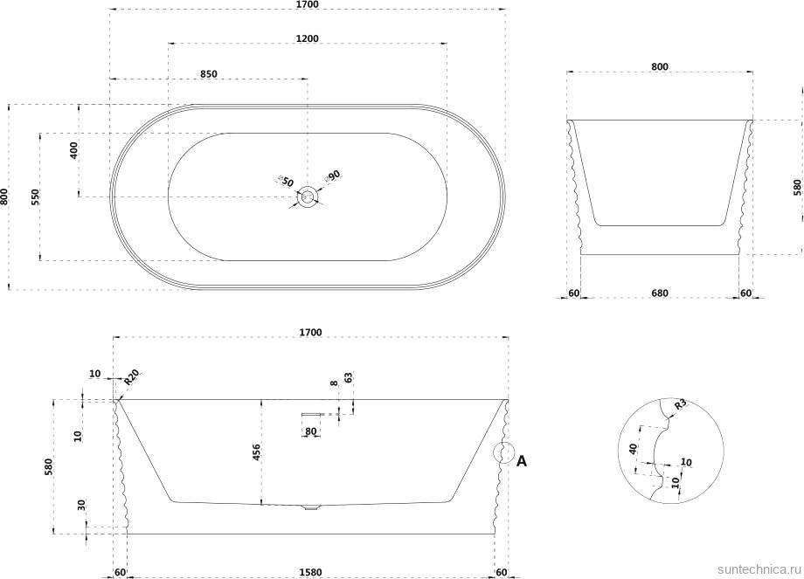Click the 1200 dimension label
[307, 38]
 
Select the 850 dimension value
[209, 73]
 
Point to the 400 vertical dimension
[73, 150]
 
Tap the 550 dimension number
[35, 196]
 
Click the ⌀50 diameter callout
[285, 181]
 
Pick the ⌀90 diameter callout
[332, 176]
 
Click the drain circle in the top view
[308, 196]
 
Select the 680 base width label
[660, 293]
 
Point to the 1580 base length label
[311, 572]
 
